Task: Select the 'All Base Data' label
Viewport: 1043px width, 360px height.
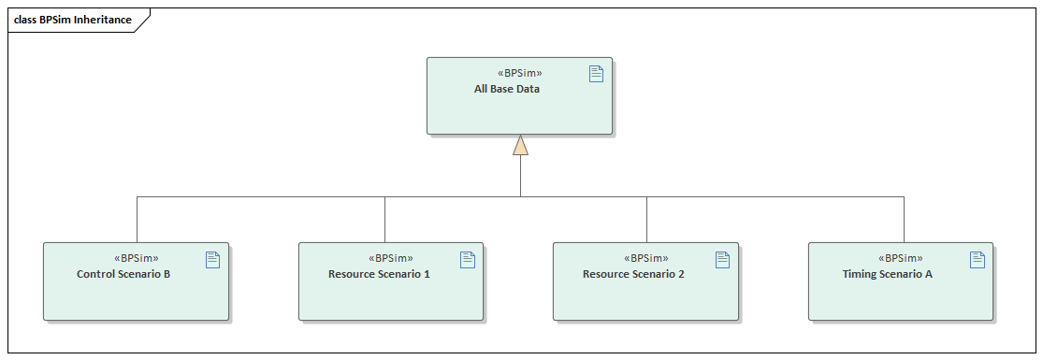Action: click(x=506, y=90)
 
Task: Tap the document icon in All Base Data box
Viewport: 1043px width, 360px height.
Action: click(x=596, y=74)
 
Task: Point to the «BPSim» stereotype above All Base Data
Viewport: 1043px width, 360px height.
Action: click(x=519, y=73)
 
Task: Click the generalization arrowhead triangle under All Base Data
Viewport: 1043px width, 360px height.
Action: click(x=520, y=145)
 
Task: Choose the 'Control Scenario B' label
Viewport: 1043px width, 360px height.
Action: click(x=123, y=275)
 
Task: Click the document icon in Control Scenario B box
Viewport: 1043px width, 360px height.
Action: click(x=212, y=259)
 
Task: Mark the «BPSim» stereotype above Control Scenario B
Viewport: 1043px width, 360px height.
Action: click(x=136, y=258)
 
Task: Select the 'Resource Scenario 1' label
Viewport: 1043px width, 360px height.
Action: click(x=379, y=275)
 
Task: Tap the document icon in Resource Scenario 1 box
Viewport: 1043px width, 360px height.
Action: click(x=468, y=259)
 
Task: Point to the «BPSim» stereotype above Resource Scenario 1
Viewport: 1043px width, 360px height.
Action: click(x=391, y=258)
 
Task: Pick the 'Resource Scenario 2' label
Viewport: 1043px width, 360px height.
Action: click(x=633, y=275)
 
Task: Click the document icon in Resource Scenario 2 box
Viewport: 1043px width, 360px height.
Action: click(x=722, y=259)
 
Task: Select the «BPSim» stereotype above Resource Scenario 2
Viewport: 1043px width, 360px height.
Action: click(x=645, y=258)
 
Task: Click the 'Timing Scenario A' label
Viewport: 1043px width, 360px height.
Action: click(x=887, y=275)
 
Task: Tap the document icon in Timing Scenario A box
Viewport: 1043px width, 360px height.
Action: click(x=978, y=259)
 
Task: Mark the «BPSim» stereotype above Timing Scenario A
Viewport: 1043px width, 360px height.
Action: click(x=901, y=258)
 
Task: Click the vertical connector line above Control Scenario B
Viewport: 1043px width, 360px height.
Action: click(x=137, y=220)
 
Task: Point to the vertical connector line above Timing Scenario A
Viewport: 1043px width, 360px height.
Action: click(x=904, y=220)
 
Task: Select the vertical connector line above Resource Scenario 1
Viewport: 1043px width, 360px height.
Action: click(x=384, y=220)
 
